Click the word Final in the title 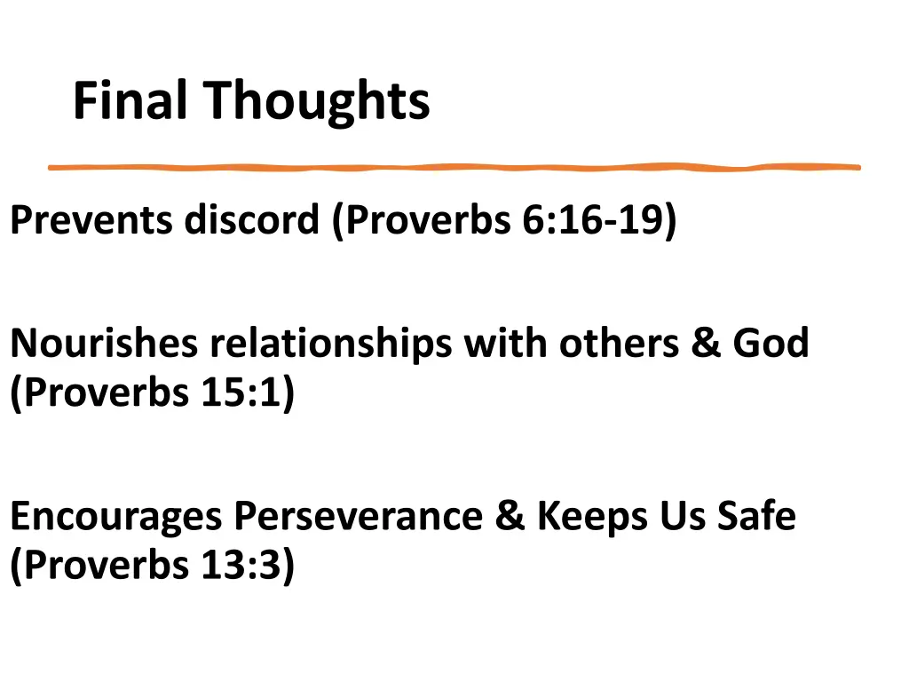(130, 100)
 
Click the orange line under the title (453, 167)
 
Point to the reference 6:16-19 (598, 220)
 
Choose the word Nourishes (104, 344)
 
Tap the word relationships (329, 344)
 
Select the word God (771, 344)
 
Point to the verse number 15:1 (240, 393)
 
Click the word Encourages (115, 517)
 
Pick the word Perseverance (359, 517)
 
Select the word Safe (757, 517)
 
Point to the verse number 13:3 (240, 566)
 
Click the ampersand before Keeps (510, 517)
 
